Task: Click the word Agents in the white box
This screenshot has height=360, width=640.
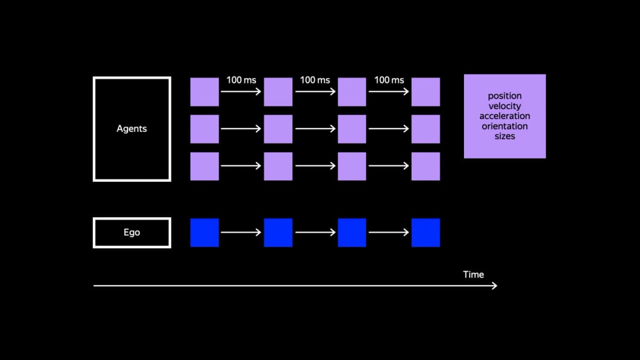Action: click(x=132, y=129)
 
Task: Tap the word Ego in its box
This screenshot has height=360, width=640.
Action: click(x=132, y=233)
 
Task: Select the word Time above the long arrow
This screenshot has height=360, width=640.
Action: click(x=474, y=275)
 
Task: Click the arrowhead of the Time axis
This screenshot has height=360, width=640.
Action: click(x=494, y=286)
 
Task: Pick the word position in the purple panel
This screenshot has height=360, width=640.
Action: click(x=505, y=96)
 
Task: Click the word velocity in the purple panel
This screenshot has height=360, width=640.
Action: click(x=505, y=106)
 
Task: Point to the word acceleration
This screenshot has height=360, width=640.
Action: click(x=505, y=116)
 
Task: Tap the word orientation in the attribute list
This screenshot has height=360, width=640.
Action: click(x=505, y=126)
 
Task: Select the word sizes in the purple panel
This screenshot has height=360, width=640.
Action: click(x=505, y=137)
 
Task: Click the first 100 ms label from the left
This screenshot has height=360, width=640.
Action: click(x=242, y=80)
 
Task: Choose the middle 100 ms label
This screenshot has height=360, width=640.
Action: click(x=315, y=80)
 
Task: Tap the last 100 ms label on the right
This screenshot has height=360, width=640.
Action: click(x=389, y=80)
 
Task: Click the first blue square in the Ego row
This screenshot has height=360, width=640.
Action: click(x=205, y=233)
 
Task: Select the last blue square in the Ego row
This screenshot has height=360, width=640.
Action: click(x=426, y=233)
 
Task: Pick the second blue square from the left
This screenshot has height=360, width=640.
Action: click(x=278, y=233)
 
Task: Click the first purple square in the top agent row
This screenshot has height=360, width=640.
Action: click(x=205, y=92)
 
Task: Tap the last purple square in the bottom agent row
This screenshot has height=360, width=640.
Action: click(x=426, y=166)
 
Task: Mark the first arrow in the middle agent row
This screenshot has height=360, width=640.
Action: click(x=241, y=129)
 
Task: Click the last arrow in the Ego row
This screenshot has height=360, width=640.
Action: click(x=389, y=233)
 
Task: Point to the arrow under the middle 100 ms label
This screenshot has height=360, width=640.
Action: click(x=315, y=91)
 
